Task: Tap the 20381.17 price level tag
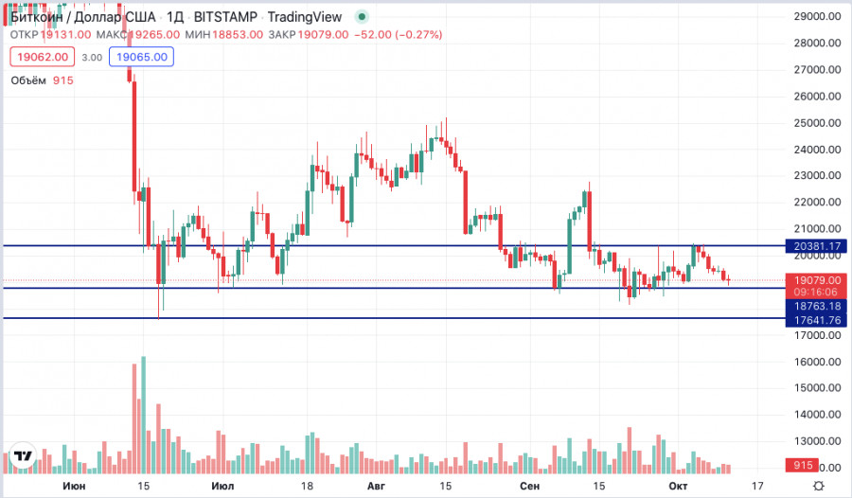point(815,246)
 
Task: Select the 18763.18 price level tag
point(815,307)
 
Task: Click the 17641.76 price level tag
point(815,320)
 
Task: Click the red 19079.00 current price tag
point(815,281)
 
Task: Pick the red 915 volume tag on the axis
point(804,466)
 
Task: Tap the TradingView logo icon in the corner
point(23,456)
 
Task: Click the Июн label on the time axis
point(72,486)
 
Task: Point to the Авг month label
point(375,486)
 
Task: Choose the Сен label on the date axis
point(530,486)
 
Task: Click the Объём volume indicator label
point(28,80)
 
